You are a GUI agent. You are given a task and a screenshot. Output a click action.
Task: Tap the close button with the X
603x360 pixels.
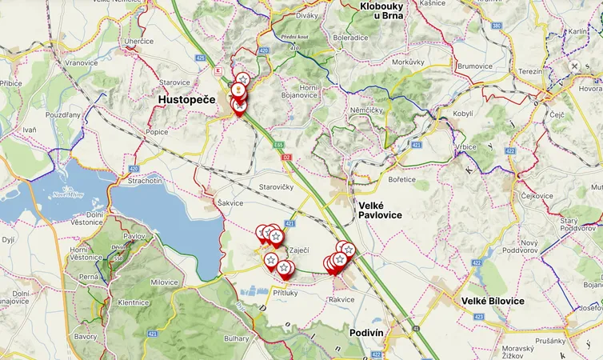click(x=574, y=66)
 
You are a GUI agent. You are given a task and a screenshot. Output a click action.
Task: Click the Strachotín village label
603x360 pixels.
click(x=145, y=182)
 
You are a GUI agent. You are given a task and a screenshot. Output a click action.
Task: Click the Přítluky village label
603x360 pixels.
click(x=285, y=293)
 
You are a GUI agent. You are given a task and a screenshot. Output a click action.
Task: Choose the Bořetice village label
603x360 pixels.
click(x=401, y=179)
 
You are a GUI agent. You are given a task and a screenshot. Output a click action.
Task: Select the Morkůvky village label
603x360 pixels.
click(x=408, y=62)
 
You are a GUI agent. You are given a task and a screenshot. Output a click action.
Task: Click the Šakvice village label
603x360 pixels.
click(x=230, y=203)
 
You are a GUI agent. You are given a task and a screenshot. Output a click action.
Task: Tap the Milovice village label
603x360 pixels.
click(x=164, y=282)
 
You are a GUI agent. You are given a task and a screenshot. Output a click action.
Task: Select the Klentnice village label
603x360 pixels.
click(x=134, y=302)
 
